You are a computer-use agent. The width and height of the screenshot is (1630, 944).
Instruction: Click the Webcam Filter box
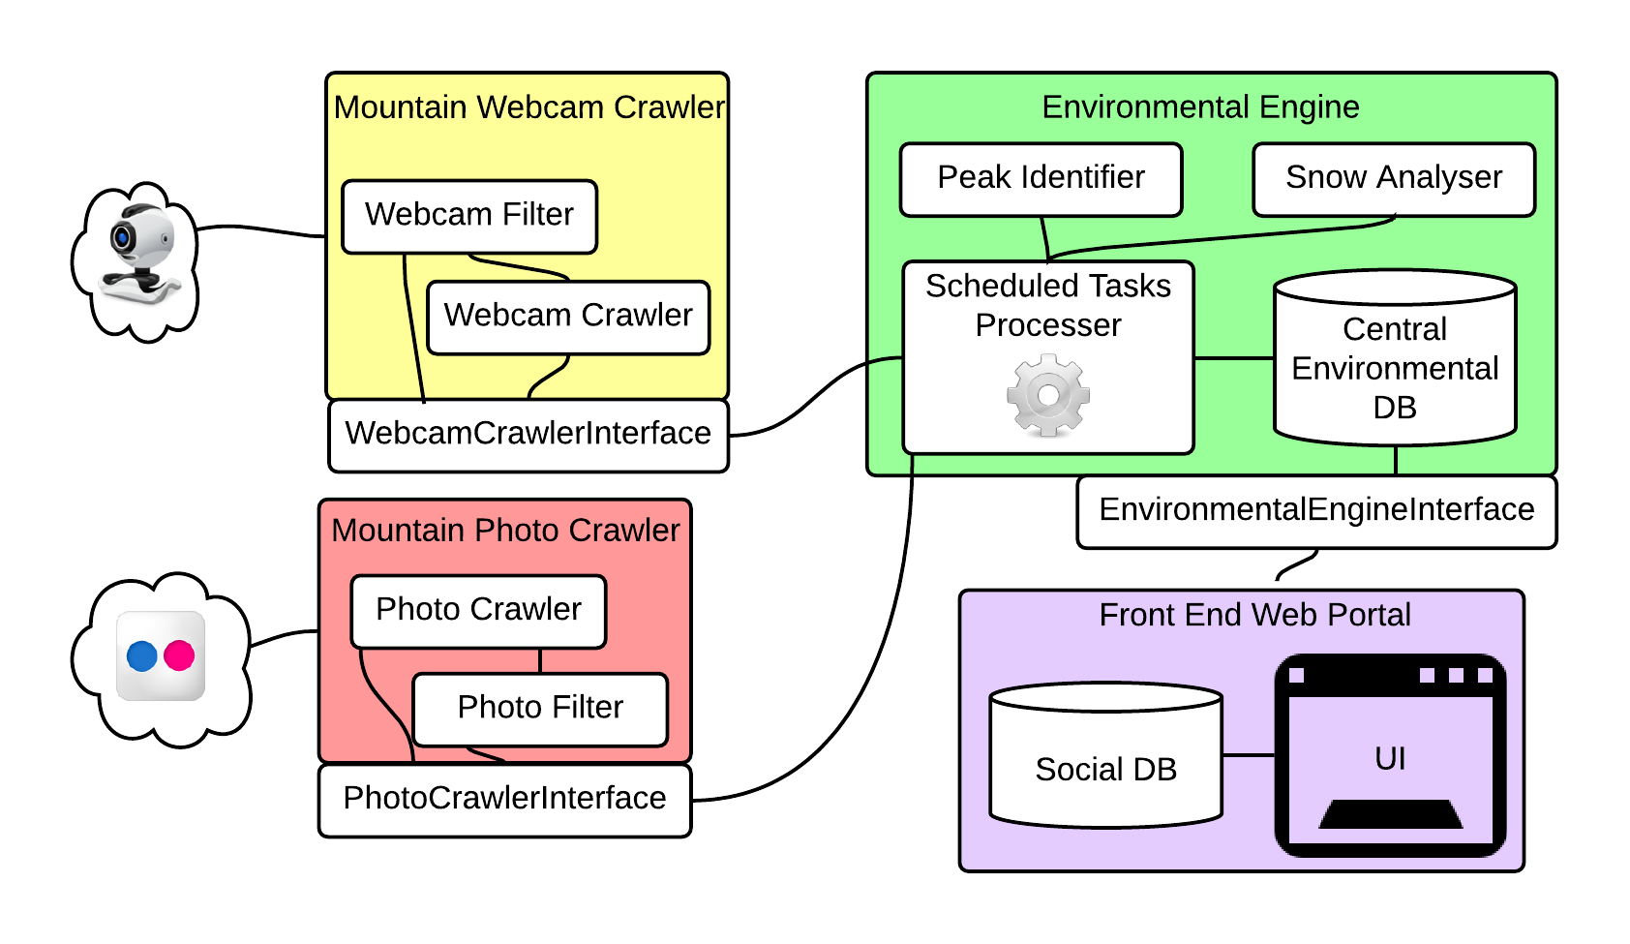469,216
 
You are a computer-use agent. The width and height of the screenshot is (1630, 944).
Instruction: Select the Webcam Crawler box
568,317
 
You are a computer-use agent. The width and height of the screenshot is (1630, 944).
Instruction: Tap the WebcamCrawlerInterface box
528,435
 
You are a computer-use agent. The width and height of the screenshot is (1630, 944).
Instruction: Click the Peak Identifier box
1041,179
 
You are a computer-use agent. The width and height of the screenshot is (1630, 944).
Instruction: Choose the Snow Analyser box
1394,179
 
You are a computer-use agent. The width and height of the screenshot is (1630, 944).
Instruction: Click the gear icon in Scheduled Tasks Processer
1048,395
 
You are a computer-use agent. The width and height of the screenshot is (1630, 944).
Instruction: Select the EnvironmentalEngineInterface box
1316,511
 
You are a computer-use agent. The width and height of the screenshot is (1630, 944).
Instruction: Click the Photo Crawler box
478,611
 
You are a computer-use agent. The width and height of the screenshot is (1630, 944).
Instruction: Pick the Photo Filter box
540,709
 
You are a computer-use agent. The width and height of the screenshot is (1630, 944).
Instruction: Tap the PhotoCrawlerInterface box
504,800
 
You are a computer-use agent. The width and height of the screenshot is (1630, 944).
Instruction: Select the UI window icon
1390,755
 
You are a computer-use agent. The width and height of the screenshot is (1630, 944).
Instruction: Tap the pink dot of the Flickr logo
179,655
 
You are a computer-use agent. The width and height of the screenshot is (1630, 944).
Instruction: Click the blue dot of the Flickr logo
142,655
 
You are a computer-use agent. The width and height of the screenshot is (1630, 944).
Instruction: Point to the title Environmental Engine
1200,107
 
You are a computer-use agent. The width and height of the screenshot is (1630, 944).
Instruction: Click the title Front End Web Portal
1254,615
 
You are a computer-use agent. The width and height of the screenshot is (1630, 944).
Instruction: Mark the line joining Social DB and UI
1248,755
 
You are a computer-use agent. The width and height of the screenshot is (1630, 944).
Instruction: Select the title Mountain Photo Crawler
505,531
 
